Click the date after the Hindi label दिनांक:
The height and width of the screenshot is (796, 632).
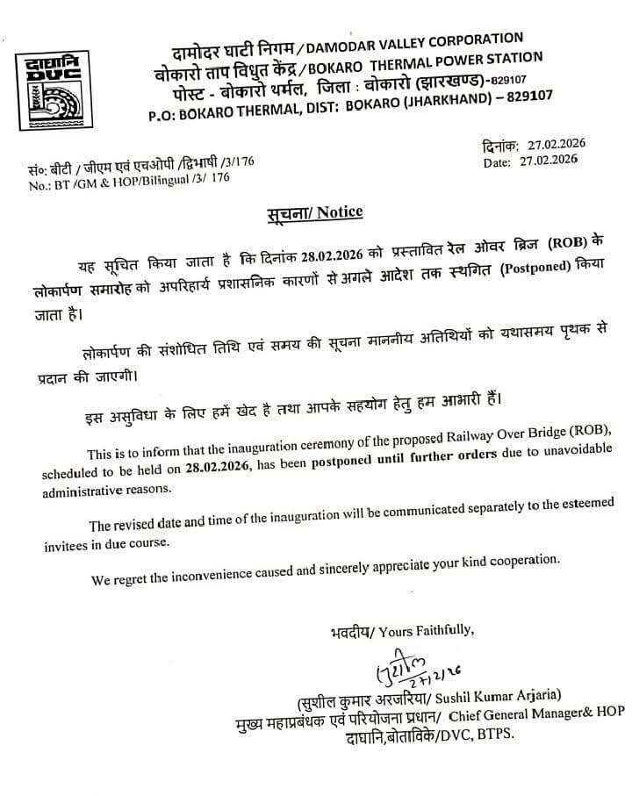tap(554, 146)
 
